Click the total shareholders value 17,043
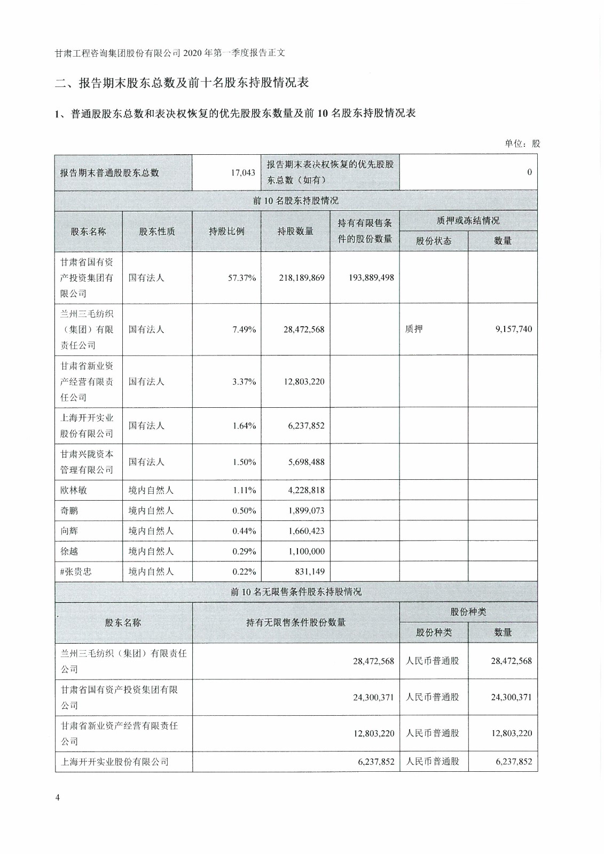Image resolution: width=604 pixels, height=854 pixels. (x=243, y=173)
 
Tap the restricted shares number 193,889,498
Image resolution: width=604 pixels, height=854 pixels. (x=371, y=278)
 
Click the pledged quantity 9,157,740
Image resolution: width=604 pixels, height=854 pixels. (x=514, y=329)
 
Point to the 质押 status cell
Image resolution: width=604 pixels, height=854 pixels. (x=414, y=329)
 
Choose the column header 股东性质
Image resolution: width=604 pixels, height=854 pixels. (x=157, y=232)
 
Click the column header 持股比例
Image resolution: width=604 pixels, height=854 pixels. (x=226, y=232)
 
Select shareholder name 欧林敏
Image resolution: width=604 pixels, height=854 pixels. (x=74, y=490)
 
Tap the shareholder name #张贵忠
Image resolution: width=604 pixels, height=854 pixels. (x=76, y=572)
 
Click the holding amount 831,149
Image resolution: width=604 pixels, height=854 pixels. (x=309, y=572)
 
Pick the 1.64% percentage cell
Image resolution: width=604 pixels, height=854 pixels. (x=244, y=426)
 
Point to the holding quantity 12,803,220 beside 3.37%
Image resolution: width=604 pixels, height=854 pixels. (x=304, y=382)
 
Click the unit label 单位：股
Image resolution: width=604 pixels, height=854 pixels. (x=522, y=144)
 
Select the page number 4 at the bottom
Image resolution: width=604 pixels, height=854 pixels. (x=58, y=797)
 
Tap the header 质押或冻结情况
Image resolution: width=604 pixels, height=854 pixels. (x=468, y=221)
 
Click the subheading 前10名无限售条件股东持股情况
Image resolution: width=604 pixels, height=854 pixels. (x=296, y=592)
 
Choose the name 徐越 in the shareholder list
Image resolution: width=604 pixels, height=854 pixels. (x=69, y=551)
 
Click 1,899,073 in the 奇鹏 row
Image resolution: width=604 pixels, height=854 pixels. (x=306, y=511)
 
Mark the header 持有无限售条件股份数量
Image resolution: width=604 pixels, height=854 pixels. (x=296, y=623)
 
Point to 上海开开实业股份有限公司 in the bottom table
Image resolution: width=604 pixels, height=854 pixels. (x=115, y=762)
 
